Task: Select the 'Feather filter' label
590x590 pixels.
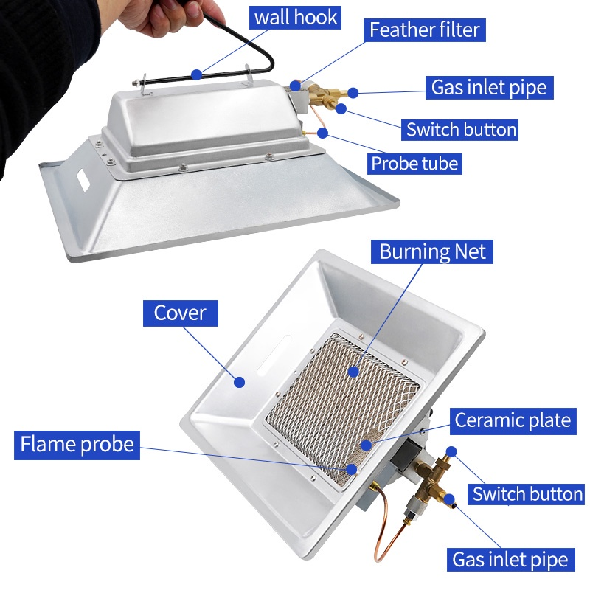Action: [x=424, y=29]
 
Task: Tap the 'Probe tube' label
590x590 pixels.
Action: [x=414, y=162]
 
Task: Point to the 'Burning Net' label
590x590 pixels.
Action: [x=433, y=251]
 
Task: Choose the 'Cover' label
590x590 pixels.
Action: [x=180, y=313]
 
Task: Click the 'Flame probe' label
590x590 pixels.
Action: [x=77, y=444]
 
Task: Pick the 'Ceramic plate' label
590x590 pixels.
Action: [x=513, y=420]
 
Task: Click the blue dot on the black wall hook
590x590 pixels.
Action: [x=196, y=74]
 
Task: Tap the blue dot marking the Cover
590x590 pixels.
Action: [x=239, y=381]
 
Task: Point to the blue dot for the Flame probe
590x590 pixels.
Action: [x=352, y=468]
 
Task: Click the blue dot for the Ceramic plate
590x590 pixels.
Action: [x=366, y=445]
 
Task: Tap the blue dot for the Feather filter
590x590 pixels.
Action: [x=296, y=86]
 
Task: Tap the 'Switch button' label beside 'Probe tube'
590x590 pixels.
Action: [x=461, y=130]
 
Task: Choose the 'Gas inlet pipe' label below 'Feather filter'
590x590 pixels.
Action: [x=489, y=88]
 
